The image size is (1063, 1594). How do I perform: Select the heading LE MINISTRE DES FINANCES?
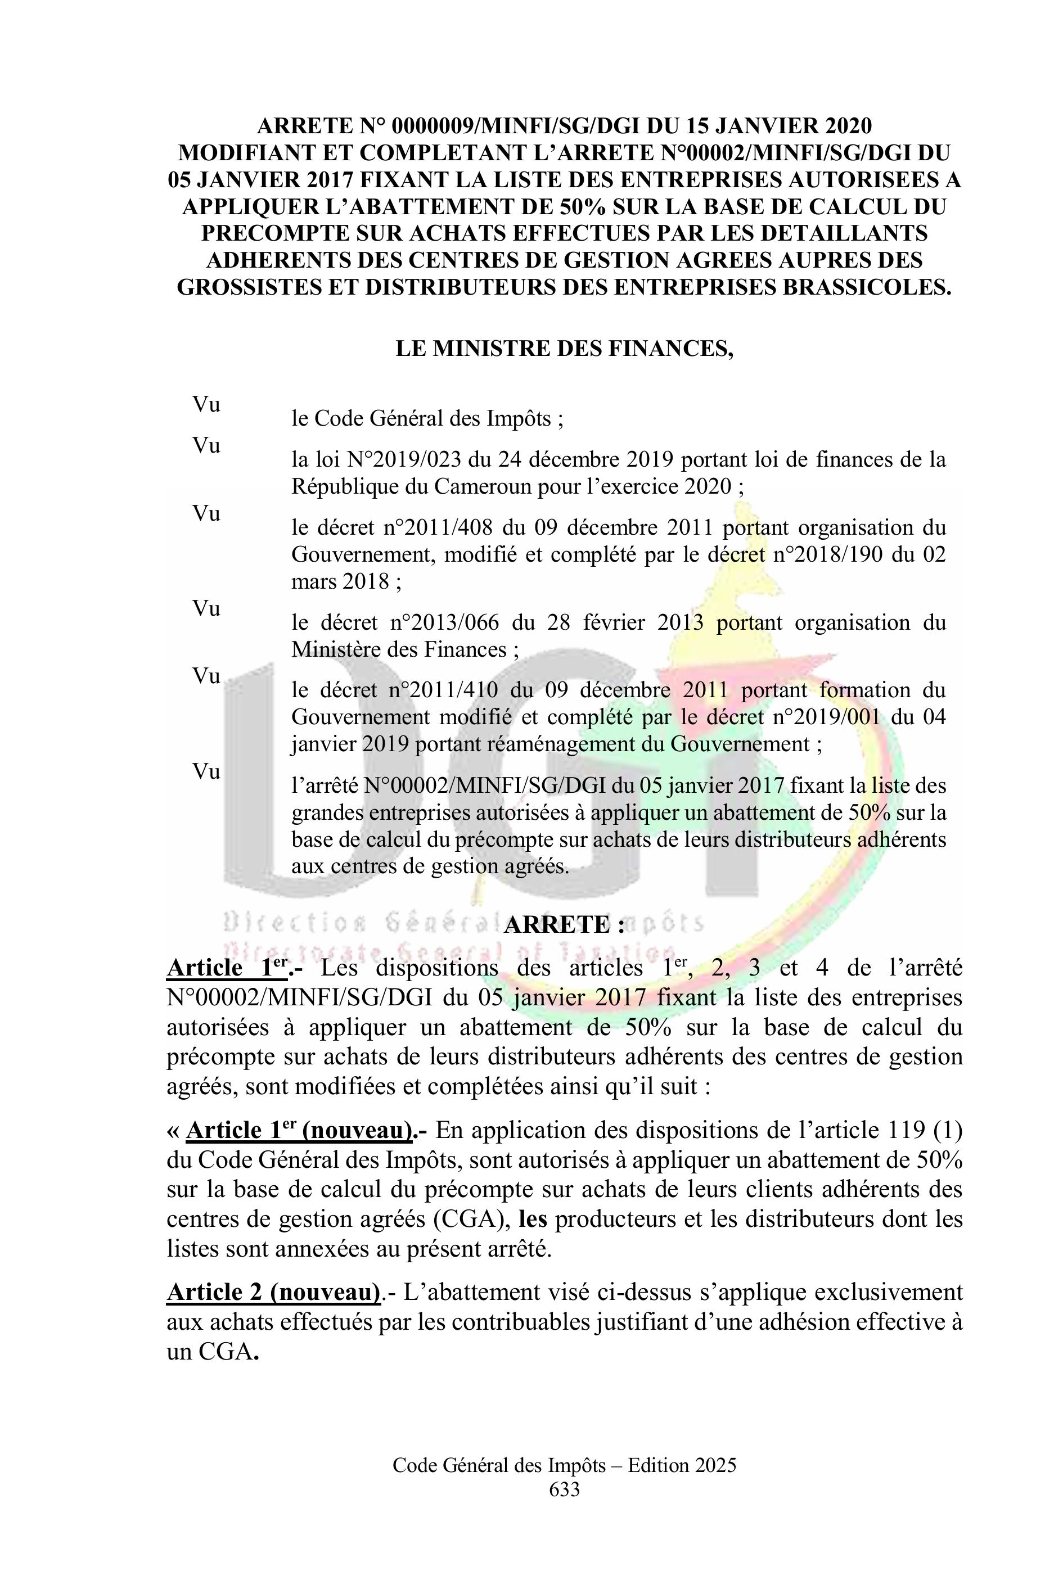click(x=564, y=349)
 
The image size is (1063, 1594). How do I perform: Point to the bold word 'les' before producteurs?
click(x=533, y=1218)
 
